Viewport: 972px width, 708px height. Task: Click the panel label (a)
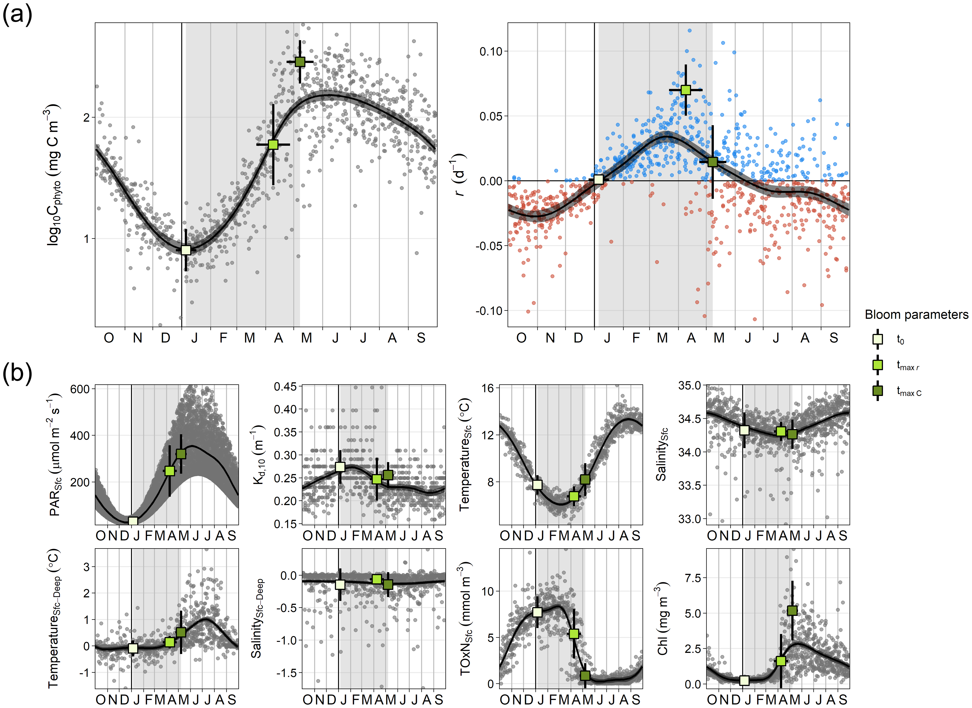17,15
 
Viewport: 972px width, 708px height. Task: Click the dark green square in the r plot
712,162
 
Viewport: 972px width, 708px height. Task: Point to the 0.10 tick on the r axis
491,51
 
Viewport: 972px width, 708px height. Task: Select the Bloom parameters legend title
916,315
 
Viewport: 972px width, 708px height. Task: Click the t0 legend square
877,339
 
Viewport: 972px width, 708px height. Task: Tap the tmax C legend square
877,391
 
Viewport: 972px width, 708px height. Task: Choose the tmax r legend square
877,365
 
